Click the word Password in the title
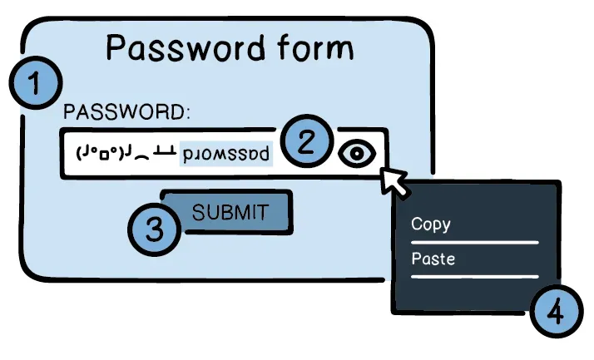[x=186, y=48]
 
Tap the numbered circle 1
[x=36, y=82]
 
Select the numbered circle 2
[x=307, y=141]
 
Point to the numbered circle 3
[x=155, y=229]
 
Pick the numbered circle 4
[x=556, y=312]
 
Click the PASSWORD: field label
[x=126, y=112]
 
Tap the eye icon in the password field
[x=357, y=153]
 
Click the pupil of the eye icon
[x=357, y=154]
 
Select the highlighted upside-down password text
[x=226, y=154]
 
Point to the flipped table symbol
[x=165, y=152]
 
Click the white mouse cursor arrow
[x=394, y=181]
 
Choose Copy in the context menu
[x=431, y=224]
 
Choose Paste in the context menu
[x=433, y=259]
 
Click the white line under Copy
[x=475, y=242]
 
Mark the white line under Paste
[x=475, y=277]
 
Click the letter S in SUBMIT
[x=199, y=212]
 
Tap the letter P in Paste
[x=416, y=259]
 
